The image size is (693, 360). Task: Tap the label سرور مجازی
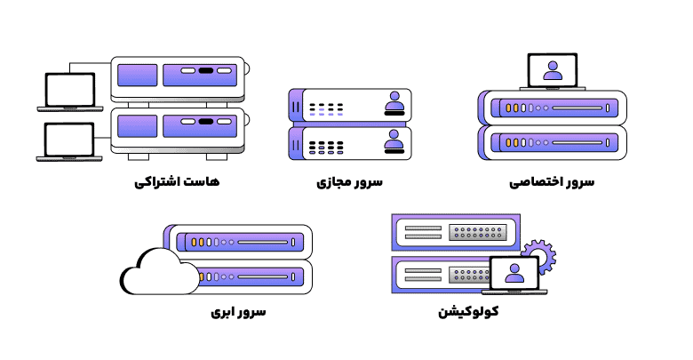(x=349, y=183)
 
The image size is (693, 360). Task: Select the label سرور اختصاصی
(x=552, y=183)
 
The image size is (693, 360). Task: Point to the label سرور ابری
(x=238, y=313)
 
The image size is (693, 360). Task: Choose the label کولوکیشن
(x=468, y=313)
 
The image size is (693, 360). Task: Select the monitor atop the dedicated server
(x=552, y=70)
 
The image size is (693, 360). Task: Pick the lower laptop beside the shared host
(x=69, y=140)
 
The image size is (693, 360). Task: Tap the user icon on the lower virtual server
(x=394, y=141)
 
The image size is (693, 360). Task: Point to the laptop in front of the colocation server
(x=514, y=275)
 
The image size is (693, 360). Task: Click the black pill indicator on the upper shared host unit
(x=205, y=70)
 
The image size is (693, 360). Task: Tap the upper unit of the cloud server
(x=240, y=241)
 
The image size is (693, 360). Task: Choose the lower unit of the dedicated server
(x=553, y=141)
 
